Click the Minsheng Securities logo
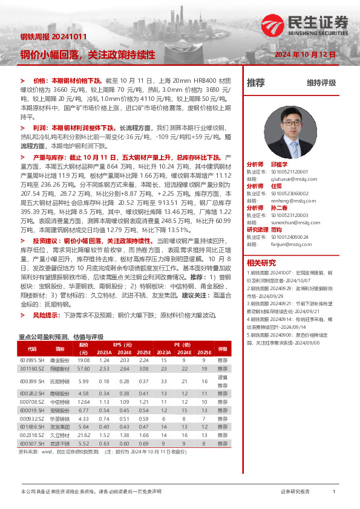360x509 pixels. click(306, 25)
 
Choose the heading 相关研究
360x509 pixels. click(261, 262)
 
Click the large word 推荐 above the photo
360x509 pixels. click(256, 83)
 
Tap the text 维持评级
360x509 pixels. click(321, 83)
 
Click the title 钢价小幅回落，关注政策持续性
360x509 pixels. click(88, 54)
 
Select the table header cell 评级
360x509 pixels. click(222, 349)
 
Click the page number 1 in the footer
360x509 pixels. click(333, 492)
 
